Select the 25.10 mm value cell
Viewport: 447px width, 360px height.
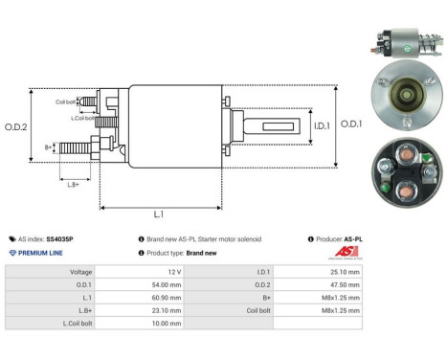(342, 272)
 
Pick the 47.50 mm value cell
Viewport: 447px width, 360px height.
(342, 284)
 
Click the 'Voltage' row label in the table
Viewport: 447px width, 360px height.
(80, 272)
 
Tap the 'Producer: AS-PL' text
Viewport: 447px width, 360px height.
(334, 238)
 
